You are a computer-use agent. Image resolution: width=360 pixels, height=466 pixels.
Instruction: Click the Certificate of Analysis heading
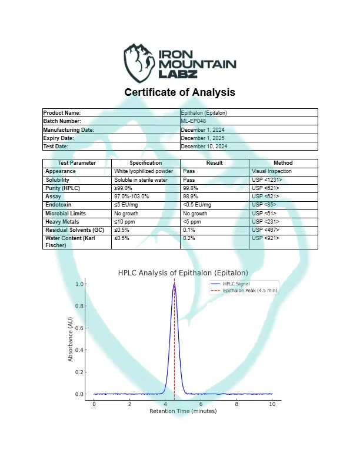[x=180, y=92]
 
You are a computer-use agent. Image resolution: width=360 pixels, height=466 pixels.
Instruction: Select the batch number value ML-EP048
[x=194, y=121]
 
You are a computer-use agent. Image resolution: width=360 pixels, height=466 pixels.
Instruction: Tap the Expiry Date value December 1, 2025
[x=204, y=138]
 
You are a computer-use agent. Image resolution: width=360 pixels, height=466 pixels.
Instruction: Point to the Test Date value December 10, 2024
[x=204, y=146]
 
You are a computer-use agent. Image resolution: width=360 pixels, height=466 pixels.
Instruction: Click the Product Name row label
[x=62, y=112]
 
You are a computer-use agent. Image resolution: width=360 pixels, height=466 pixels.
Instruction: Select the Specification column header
[x=145, y=163]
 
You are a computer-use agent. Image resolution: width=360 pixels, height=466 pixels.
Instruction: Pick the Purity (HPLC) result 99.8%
[x=191, y=188]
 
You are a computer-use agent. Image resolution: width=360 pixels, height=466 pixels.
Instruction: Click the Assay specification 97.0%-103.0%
[x=132, y=196]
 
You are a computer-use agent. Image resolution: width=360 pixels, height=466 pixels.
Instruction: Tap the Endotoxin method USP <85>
[x=264, y=204]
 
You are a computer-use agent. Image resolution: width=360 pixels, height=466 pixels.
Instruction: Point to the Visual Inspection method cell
[x=271, y=171]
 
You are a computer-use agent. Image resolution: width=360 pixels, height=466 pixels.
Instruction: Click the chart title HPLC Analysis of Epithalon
[x=183, y=273]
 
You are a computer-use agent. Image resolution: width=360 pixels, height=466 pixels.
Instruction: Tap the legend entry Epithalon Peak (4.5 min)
[x=250, y=291]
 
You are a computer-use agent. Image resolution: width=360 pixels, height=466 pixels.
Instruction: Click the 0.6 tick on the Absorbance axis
[x=80, y=328]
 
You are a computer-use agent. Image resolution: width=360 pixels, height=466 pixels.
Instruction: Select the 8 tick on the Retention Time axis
[x=236, y=404]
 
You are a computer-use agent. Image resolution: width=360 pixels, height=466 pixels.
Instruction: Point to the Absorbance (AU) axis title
[x=71, y=339]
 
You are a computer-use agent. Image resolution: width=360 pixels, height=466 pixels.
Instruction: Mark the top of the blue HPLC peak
[x=174, y=284]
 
